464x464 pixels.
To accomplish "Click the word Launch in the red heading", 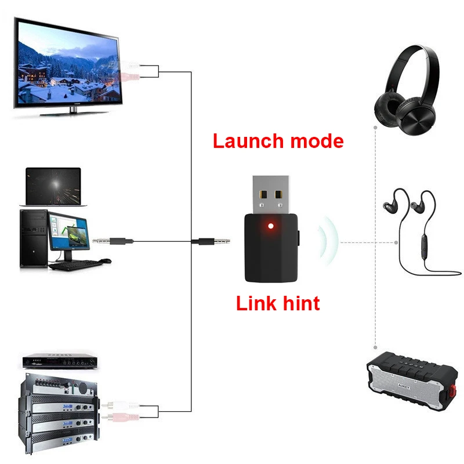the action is point(248,141).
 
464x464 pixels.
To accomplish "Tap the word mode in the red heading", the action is point(317,141).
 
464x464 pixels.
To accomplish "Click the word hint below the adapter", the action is point(301,303).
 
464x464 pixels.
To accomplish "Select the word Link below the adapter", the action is point(256,303).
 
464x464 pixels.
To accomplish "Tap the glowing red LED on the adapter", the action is point(270,226).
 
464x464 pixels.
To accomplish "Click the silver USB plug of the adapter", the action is point(271,195).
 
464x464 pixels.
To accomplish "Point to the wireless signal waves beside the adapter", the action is point(328,240).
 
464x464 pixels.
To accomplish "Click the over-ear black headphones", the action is point(407,90).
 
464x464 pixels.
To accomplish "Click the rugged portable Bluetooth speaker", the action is point(412,381).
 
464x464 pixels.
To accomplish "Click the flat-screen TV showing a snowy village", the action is point(67,67).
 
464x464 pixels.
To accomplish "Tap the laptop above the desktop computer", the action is point(53,187).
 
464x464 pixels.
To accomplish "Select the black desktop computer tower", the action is point(34,238).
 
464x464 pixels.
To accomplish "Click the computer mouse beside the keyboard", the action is point(105,260).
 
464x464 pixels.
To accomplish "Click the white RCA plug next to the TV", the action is point(129,65).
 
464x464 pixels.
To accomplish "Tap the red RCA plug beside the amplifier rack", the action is point(121,417).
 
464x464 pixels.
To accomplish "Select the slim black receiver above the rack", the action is point(60,361).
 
